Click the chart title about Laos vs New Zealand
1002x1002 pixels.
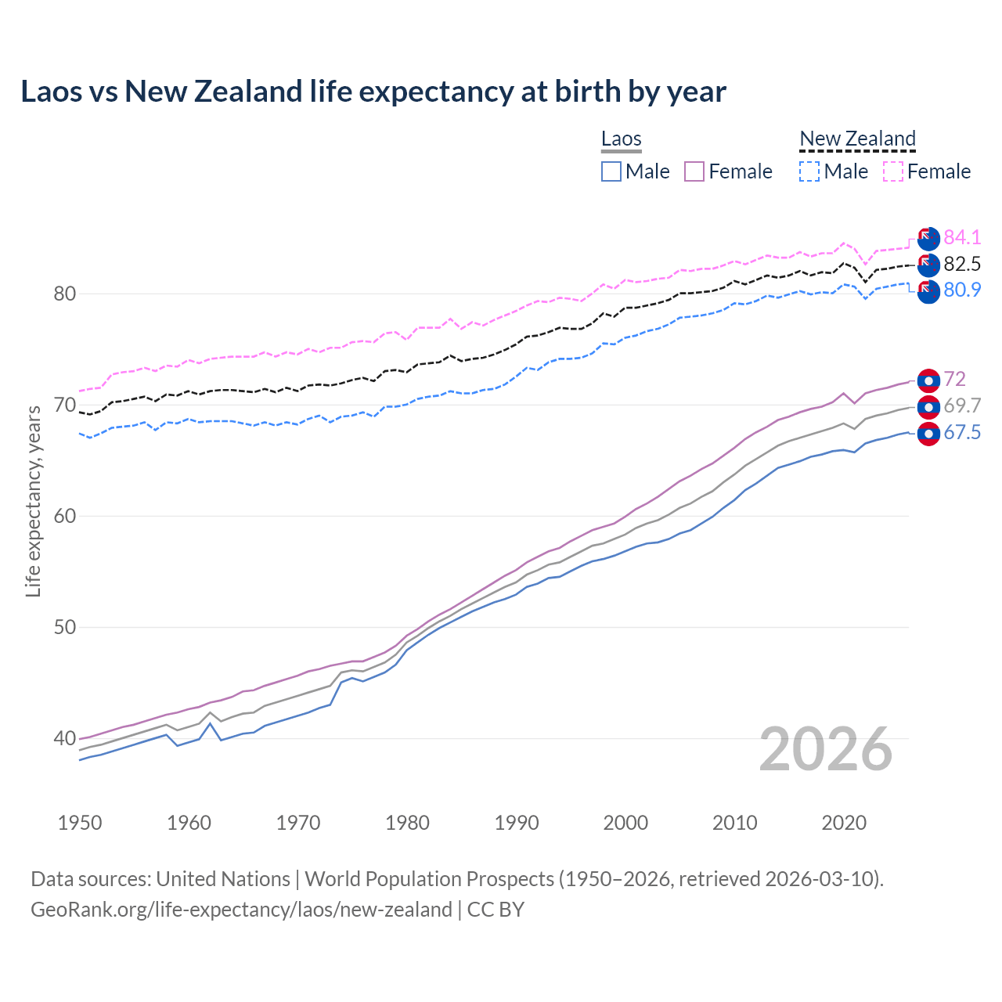pos(373,92)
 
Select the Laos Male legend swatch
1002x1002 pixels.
pos(611,171)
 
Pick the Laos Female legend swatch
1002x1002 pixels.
pos(694,171)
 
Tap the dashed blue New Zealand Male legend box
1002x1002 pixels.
pos(809,171)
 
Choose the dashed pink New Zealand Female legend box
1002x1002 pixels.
pos(893,171)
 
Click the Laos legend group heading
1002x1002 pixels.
pos(622,139)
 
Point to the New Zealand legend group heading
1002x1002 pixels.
pos(857,139)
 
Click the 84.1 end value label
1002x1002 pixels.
pos(962,237)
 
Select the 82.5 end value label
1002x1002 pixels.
pos(962,264)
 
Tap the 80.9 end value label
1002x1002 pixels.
pos(962,290)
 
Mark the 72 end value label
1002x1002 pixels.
pos(955,380)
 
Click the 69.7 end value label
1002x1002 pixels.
pos(962,405)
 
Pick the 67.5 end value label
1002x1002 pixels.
pos(962,433)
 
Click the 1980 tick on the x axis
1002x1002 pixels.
pos(407,823)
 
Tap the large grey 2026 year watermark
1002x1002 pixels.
pos(826,749)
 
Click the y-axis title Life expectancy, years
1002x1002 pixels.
pos(34,501)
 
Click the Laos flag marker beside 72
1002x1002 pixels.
pos(928,380)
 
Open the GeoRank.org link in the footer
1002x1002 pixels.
pos(241,910)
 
